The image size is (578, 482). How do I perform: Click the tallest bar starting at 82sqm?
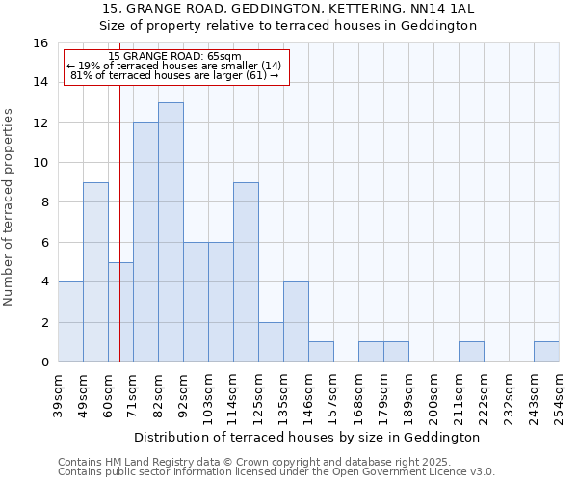coord(171,231)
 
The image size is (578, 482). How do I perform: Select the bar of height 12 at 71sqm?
coord(145,242)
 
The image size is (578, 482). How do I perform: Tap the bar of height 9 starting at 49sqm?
coord(95,272)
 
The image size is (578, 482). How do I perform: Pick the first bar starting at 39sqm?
coord(70,322)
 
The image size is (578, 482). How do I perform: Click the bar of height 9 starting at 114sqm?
coord(246,272)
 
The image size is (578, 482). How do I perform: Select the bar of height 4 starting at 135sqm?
coord(296,322)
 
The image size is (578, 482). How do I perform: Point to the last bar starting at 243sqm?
coord(546,352)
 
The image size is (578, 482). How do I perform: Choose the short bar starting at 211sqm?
coord(471,352)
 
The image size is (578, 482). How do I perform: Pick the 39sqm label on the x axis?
coord(58,395)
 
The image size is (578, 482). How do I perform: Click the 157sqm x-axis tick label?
coord(333,395)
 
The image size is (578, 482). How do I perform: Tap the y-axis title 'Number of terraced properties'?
coord(10,207)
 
